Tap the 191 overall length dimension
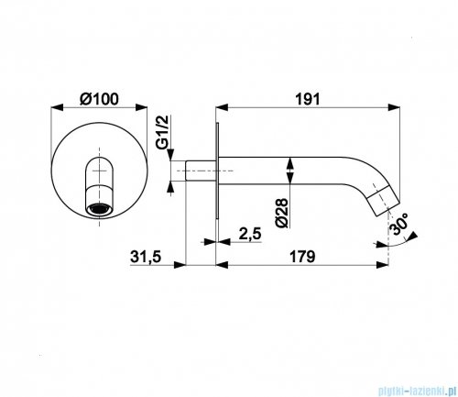[x=307, y=99]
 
